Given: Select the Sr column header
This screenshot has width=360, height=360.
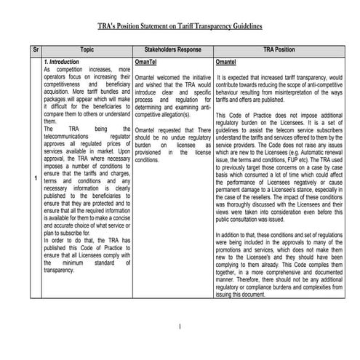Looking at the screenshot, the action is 36,51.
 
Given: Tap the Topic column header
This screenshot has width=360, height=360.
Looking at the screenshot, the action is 87,51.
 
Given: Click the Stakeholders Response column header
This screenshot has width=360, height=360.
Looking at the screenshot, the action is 173,51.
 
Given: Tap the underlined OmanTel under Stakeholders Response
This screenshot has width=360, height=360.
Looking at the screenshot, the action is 148,63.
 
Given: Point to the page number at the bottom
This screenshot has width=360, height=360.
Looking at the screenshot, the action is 180,327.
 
